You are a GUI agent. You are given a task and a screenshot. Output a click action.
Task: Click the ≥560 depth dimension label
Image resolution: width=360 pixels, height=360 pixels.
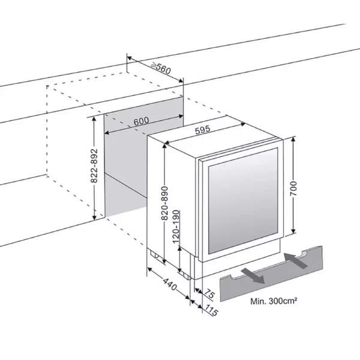161,68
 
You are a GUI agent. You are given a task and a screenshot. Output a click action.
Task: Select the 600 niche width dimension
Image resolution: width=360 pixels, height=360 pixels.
142,121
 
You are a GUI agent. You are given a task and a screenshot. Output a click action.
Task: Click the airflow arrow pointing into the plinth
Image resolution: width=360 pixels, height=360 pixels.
298,260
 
